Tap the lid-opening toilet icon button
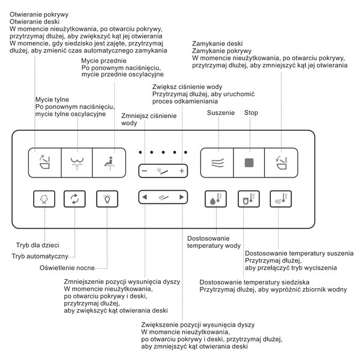point(45,162)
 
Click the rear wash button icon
point(77,162)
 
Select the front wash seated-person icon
point(109,162)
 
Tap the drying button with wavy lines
point(217,162)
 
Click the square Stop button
point(249,162)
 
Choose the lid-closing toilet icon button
point(281,162)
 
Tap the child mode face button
point(44,199)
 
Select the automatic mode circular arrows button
point(75,199)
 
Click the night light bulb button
point(107,199)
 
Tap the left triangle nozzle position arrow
point(144,197)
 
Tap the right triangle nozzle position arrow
point(181,197)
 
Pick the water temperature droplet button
point(216,199)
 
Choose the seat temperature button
point(249,199)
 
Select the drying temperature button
point(281,199)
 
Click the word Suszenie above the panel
point(221,113)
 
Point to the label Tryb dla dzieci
point(37,245)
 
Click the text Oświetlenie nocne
point(67,268)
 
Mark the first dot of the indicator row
point(140,152)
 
